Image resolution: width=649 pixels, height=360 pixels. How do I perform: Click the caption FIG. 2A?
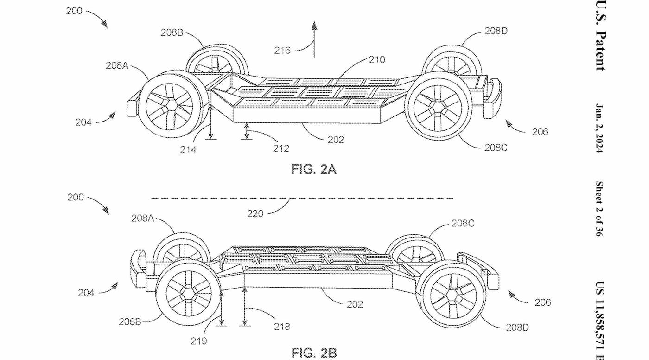tap(313, 169)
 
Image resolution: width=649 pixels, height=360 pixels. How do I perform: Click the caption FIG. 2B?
tap(314, 353)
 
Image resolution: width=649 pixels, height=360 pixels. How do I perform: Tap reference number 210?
tap(376, 59)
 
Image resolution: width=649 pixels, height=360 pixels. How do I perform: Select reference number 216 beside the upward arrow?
tap(282, 50)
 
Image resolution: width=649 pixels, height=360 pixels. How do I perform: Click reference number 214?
tap(188, 149)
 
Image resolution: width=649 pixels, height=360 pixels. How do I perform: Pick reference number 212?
tap(281, 148)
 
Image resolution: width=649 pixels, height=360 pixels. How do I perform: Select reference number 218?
tap(281, 327)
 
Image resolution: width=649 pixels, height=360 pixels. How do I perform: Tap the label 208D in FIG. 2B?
tap(516, 328)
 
